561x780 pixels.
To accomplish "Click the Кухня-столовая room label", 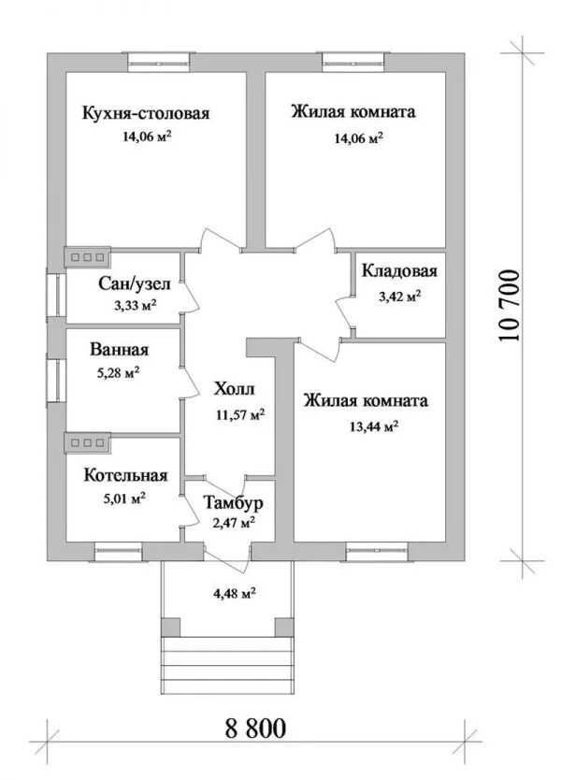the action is [146, 113].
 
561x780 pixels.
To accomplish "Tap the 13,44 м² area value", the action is [372, 426].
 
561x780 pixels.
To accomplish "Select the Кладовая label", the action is [399, 271].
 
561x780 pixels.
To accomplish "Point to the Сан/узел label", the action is [135, 284].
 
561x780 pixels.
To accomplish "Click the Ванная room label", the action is [120, 350].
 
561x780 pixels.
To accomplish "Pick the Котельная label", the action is [125, 475].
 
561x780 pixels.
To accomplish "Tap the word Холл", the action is [235, 388].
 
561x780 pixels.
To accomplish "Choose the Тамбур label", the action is [233, 503].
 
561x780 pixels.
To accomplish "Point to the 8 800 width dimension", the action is [255, 728].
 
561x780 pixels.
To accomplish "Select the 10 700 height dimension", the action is [509, 306].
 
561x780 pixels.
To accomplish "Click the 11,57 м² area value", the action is [240, 414].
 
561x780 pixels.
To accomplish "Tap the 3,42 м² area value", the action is [400, 297].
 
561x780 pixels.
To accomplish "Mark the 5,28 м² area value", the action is [119, 372].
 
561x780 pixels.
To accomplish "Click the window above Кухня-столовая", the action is [158, 59].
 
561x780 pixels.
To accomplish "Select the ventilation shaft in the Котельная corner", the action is [88, 442].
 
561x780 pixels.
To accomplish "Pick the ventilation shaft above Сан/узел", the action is [88, 257].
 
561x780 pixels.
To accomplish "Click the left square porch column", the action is [170, 627].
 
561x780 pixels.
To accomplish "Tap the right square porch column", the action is [284, 627].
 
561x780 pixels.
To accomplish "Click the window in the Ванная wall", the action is [57, 380].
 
